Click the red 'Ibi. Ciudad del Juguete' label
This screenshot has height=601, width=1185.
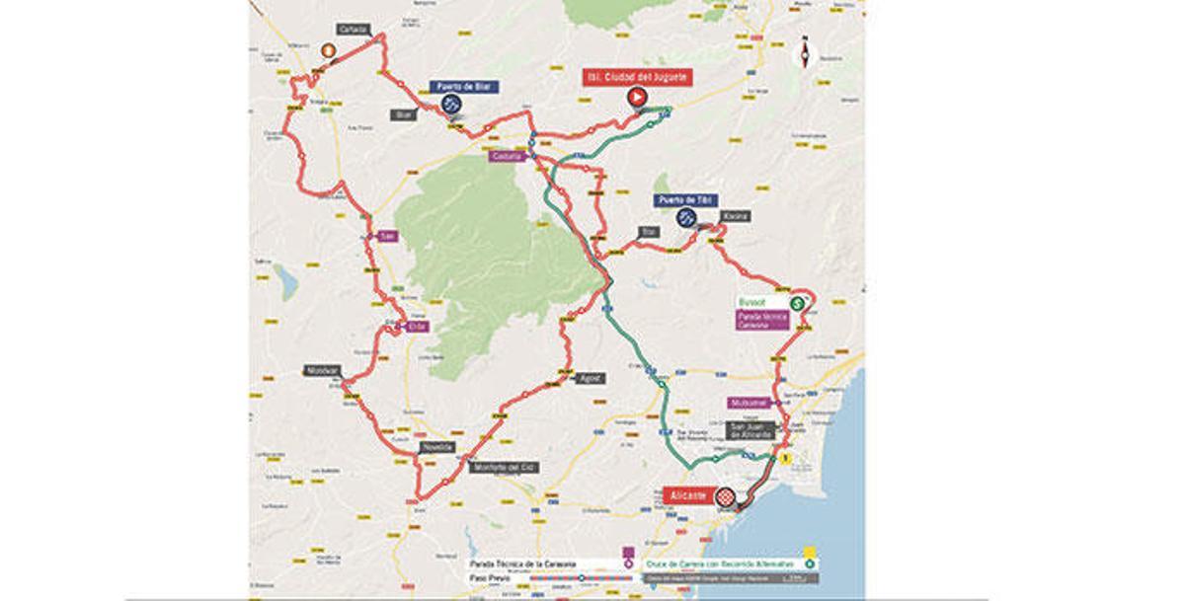pyautogui.click(x=636, y=76)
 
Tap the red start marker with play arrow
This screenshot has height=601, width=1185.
pyautogui.click(x=637, y=97)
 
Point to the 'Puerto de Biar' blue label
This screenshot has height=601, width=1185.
pyautogui.click(x=463, y=87)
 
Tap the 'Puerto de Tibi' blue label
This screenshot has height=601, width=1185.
pyautogui.click(x=684, y=200)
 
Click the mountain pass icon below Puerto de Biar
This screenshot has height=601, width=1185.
pyautogui.click(x=451, y=104)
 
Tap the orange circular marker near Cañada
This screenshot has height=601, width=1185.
pyautogui.click(x=326, y=47)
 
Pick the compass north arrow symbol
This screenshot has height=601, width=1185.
pyautogui.click(x=808, y=52)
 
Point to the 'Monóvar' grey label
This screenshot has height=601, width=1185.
pyautogui.click(x=322, y=371)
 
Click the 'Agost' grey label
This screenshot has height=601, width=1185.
pyautogui.click(x=590, y=378)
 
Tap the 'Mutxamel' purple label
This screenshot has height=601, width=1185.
pyautogui.click(x=749, y=403)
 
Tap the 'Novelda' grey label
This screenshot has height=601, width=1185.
pyautogui.click(x=436, y=447)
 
